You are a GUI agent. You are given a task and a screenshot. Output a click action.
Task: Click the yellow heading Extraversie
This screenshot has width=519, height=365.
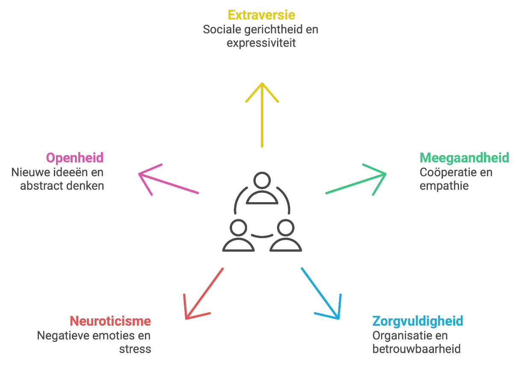pyautogui.click(x=261, y=15)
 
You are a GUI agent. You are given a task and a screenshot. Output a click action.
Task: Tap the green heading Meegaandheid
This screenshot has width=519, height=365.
pyautogui.click(x=464, y=158)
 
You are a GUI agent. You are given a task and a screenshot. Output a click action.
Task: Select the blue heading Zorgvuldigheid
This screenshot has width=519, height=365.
pyautogui.click(x=418, y=321)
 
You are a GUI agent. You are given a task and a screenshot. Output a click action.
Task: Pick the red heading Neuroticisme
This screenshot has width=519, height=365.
pyautogui.click(x=110, y=321)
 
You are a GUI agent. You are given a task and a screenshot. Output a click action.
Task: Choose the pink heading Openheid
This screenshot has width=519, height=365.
pyautogui.click(x=75, y=158)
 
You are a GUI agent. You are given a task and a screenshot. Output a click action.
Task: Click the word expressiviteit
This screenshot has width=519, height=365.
pyautogui.click(x=261, y=44)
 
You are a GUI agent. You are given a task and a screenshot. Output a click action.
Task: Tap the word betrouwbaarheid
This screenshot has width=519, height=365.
pyautogui.click(x=416, y=349)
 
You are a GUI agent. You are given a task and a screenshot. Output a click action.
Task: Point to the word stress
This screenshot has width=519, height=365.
pyautogui.click(x=135, y=349)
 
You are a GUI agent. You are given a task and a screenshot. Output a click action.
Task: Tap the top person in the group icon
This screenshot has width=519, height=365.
pyautogui.click(x=262, y=188)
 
